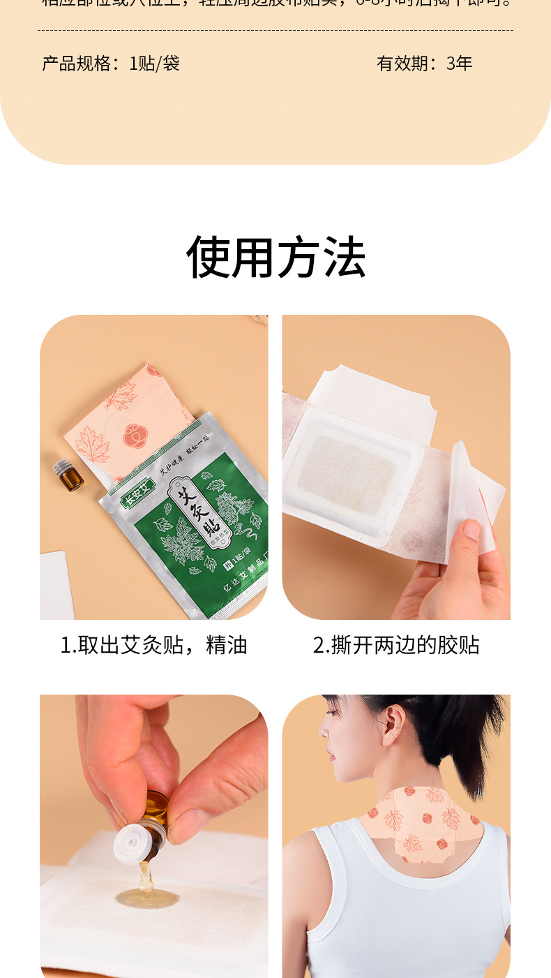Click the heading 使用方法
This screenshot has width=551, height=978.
coord(275,258)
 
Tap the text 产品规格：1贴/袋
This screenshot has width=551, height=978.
coord(111,64)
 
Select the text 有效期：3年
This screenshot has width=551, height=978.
coord(424,64)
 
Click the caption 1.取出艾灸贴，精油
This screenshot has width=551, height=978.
coord(153,644)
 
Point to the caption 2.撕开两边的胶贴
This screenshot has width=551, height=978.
coord(396,644)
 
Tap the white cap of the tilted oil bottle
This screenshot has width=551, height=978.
coord(133,844)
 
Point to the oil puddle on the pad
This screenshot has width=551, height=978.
coord(146,897)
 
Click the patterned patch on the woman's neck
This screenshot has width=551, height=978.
coord(418,824)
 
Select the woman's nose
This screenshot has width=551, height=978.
coord(322,729)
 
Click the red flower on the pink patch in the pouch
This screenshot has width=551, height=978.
coord(134,436)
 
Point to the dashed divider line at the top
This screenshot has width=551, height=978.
coord(275,31)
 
